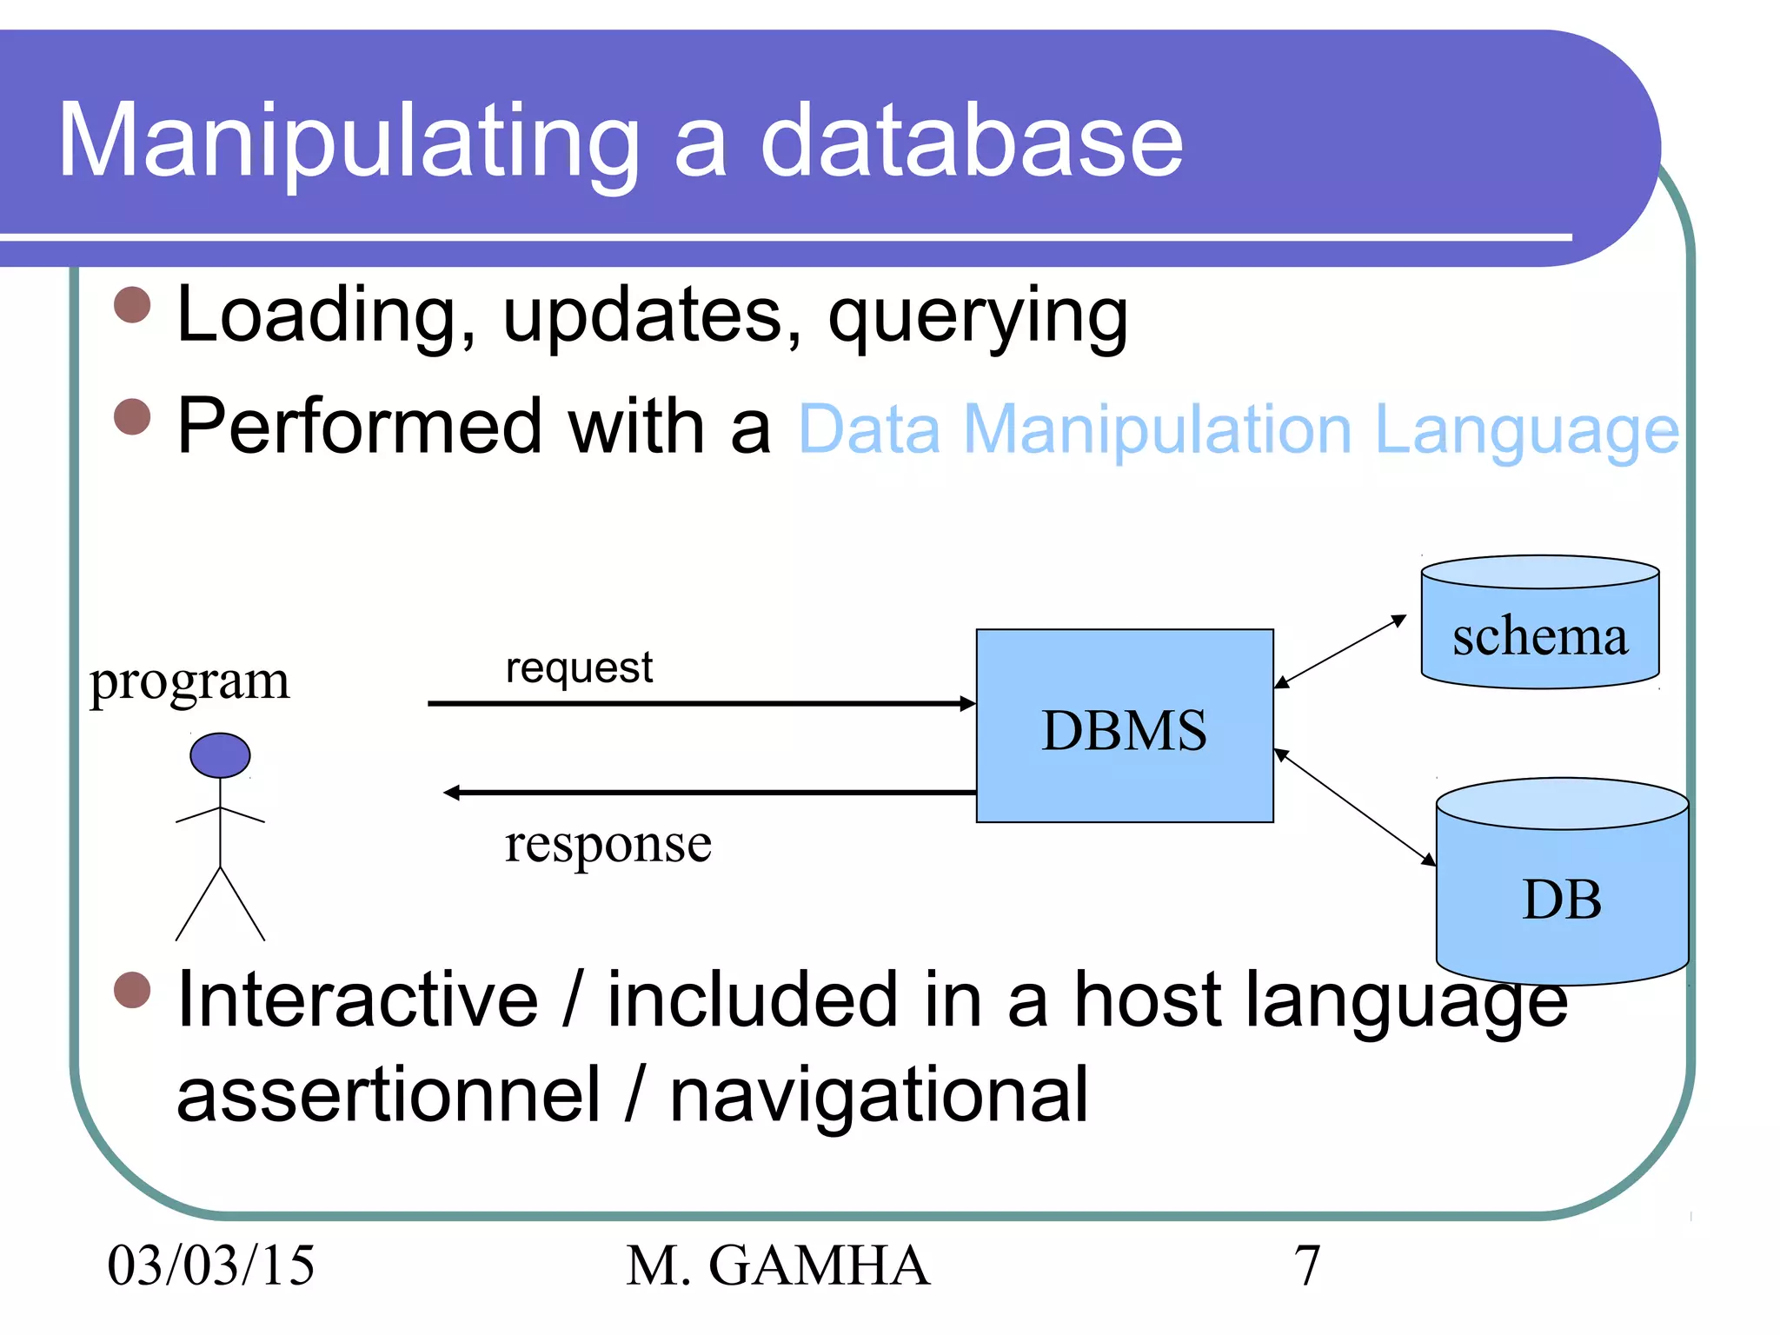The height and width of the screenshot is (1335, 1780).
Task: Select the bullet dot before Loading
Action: (x=133, y=305)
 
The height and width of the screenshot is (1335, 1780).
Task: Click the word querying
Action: (x=977, y=317)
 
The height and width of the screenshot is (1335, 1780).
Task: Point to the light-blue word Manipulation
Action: (x=1157, y=430)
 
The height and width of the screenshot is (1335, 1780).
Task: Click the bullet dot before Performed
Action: (x=133, y=416)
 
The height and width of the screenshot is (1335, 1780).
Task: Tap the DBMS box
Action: (x=1124, y=727)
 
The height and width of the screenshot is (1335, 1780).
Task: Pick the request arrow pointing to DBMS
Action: (x=695, y=703)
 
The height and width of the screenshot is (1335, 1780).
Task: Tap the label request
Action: (x=579, y=667)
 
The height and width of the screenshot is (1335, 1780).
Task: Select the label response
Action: (x=608, y=845)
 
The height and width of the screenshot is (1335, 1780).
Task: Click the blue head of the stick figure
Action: (x=220, y=755)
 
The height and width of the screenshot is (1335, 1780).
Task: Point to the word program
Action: (x=189, y=681)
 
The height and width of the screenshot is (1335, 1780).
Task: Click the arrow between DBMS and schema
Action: (x=1339, y=652)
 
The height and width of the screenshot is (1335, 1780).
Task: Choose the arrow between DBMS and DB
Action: (x=1353, y=807)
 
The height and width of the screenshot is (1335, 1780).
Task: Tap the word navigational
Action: (x=878, y=1097)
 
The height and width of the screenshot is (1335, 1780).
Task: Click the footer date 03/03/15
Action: (x=210, y=1265)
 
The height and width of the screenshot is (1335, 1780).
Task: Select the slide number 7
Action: (x=1306, y=1265)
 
